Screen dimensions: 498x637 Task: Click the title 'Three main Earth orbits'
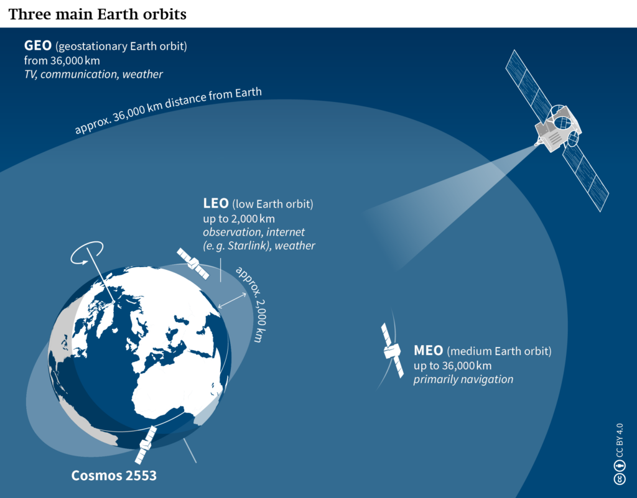coord(97,14)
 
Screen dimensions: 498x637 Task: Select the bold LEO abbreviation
coord(216,204)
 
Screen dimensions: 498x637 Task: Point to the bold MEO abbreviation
coord(428,351)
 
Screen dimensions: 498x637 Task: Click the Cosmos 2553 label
coord(114,477)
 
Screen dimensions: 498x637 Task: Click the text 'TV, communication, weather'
coord(93,75)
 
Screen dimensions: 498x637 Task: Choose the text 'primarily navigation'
coord(463,379)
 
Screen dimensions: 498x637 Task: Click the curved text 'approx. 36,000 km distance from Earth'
coord(168,112)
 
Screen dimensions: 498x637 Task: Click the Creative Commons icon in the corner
coord(619,479)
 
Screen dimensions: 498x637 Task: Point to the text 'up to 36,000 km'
coord(452,365)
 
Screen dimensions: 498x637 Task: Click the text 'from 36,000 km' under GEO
coord(62,61)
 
